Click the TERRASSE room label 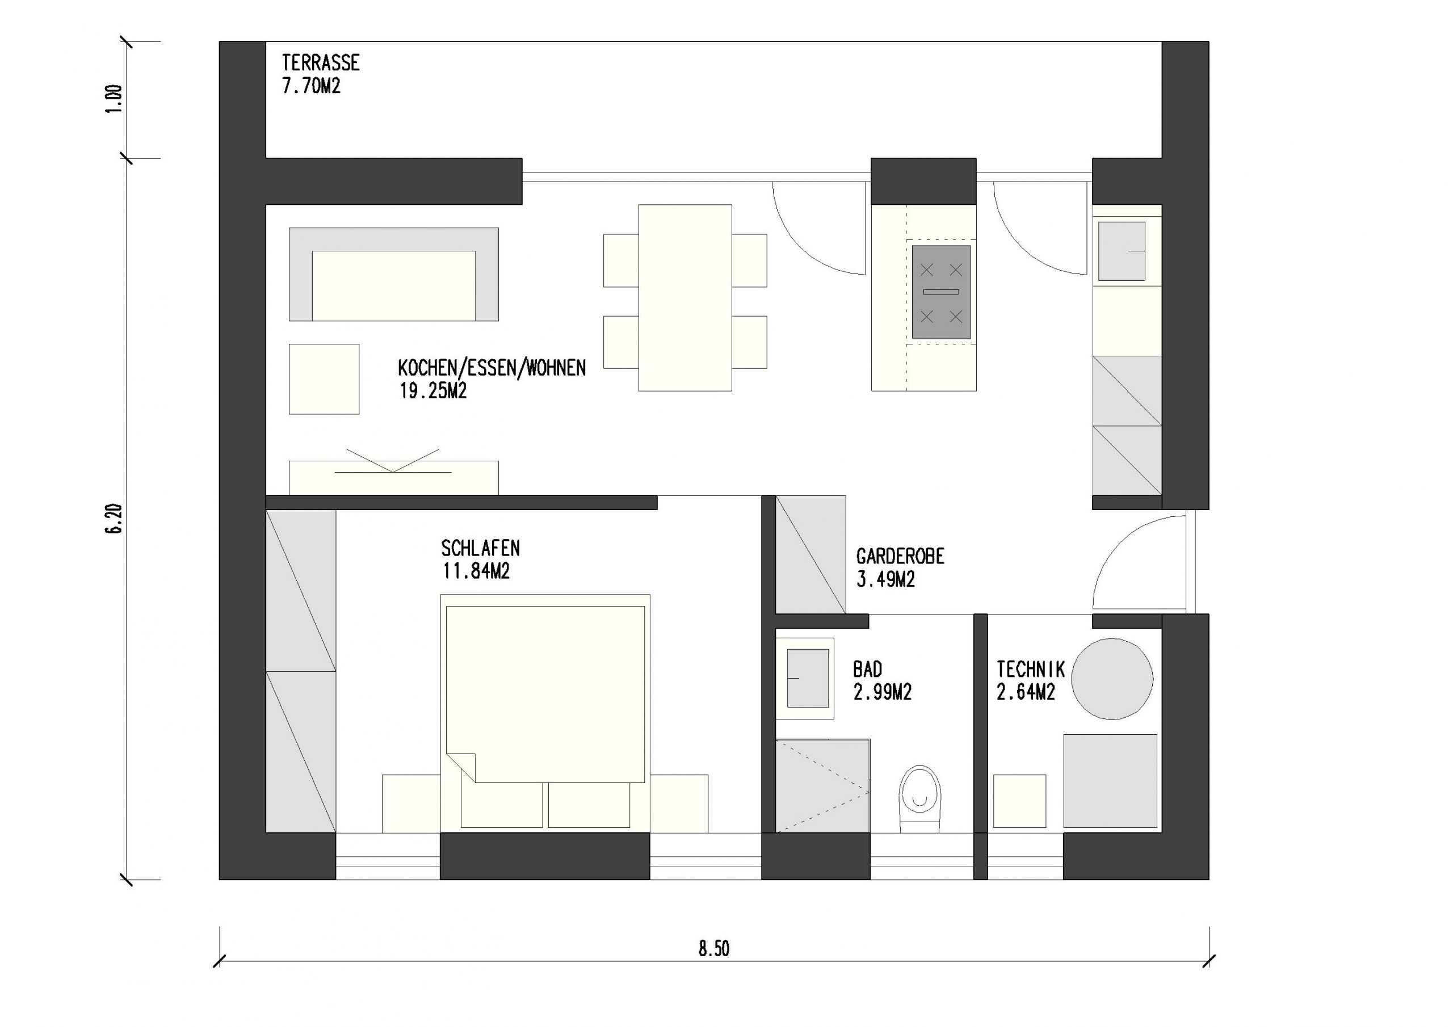point(320,62)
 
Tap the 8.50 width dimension point(714,949)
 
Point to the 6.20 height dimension point(114,519)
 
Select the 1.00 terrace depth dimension point(114,99)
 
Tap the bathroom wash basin point(808,677)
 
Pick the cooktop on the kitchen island point(941,292)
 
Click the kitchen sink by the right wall point(1122,251)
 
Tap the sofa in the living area point(394,275)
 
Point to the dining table point(684,297)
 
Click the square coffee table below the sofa point(324,379)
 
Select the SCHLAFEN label point(480,548)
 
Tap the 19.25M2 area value point(433,391)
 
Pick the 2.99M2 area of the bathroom point(882,693)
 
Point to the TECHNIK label point(1030,670)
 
